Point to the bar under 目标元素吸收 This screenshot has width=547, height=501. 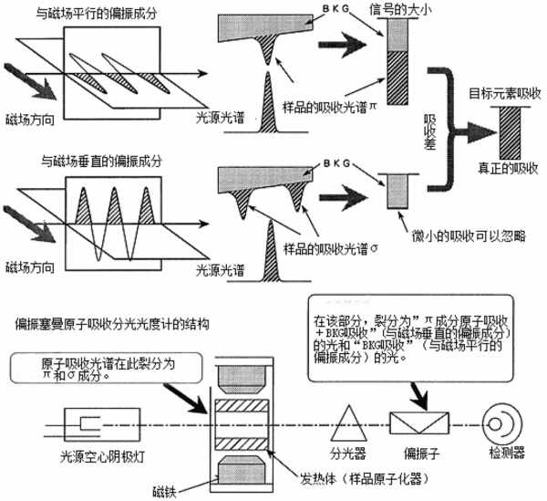(x=504, y=131)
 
